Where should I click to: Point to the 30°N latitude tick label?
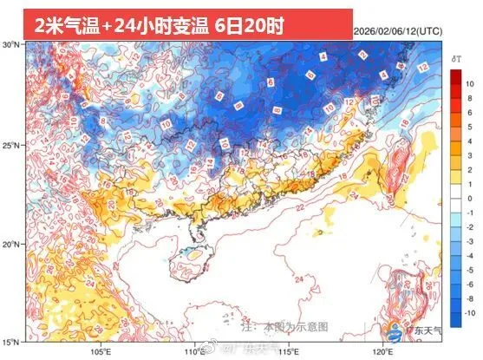coord(11,43)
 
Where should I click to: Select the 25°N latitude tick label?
coord(11,144)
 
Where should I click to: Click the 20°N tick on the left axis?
coord(11,244)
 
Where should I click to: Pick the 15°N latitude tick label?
coord(11,342)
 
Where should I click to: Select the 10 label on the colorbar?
coord(468,84)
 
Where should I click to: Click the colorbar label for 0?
coord(468,199)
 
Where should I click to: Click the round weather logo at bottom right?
coord(396,330)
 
